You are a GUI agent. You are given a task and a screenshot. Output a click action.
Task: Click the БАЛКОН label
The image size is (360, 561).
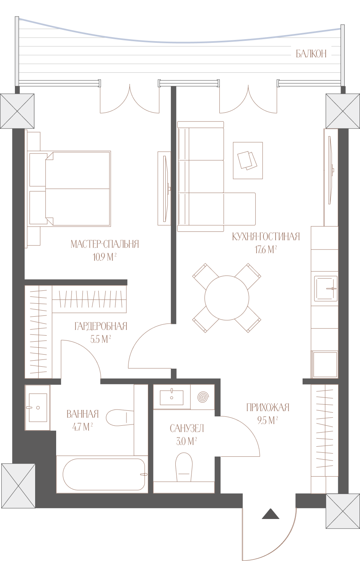[x=311, y=54]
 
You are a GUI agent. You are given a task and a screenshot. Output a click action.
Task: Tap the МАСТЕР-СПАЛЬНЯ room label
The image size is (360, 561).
[x=105, y=244]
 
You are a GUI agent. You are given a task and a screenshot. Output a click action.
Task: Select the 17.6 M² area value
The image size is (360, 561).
[x=266, y=250]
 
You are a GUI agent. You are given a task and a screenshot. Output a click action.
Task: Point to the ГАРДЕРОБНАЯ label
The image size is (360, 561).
[x=101, y=326]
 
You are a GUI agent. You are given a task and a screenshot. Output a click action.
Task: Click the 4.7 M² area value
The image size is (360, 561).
[x=82, y=427]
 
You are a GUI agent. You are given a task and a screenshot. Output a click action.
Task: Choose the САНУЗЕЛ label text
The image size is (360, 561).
[x=187, y=429]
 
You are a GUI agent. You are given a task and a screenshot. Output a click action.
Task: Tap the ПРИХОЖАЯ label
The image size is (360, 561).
[x=268, y=408]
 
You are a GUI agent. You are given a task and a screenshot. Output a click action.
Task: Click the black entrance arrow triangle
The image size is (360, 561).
[x=271, y=514]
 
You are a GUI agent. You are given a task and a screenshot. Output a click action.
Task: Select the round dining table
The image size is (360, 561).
[x=227, y=298]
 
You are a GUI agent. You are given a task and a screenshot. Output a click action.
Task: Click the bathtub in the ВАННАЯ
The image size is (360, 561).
[x=104, y=474]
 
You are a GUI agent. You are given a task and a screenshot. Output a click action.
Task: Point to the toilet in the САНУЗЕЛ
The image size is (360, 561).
[x=184, y=467]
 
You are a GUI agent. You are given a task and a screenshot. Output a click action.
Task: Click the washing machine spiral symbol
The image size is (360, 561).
[x=203, y=397]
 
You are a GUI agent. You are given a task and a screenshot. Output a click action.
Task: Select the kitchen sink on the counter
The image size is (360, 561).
[x=326, y=288]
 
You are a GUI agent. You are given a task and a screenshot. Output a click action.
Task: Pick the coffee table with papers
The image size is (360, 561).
[x=248, y=160]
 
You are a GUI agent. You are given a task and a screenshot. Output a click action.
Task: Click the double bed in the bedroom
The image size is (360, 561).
[x=69, y=189]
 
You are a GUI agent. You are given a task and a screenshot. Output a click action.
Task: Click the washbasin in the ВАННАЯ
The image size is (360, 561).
[x=38, y=408]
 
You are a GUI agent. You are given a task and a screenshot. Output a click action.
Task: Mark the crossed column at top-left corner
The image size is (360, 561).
[x=17, y=111]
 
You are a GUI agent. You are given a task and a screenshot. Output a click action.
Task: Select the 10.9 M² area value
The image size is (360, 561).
[x=105, y=257]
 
